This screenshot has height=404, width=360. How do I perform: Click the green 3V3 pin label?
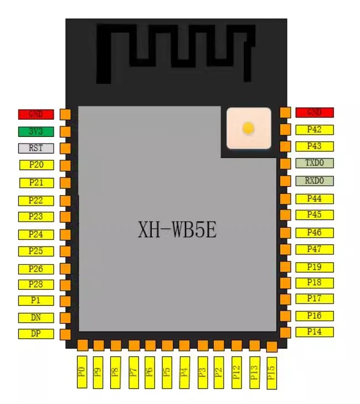click(36, 132)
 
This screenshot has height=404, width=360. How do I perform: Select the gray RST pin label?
click(36, 149)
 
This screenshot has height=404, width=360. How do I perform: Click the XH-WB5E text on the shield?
click(177, 229)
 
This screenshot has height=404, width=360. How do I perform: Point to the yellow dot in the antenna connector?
click(248, 129)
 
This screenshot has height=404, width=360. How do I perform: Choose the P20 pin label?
click(36, 165)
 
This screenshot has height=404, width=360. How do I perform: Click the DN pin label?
click(36, 318)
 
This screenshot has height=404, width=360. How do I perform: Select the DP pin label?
click(36, 334)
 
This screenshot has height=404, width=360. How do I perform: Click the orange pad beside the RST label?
click(65, 149)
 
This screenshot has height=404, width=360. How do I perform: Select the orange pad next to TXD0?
click(285, 163)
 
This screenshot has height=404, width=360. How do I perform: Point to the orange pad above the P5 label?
click(167, 345)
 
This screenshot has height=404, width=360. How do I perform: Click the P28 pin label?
click(36, 284)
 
